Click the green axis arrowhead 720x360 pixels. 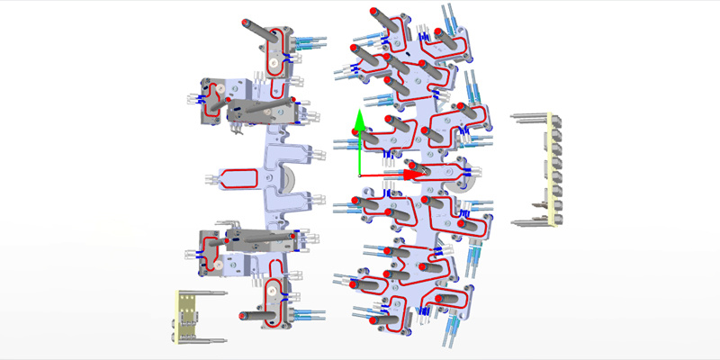point(358,119)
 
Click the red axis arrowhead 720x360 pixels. point(412,175)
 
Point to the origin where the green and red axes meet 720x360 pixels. point(359,175)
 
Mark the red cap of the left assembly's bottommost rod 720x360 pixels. point(243,316)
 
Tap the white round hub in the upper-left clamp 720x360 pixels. point(216,90)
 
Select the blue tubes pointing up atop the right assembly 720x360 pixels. point(447,16)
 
